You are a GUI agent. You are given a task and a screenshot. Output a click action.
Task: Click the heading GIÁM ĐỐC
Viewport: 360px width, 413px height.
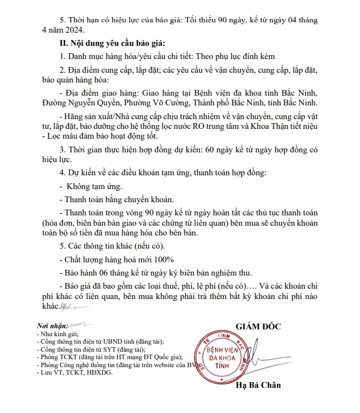coord(258,327)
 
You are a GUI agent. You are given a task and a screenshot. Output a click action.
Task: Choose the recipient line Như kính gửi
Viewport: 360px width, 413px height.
coord(56,333)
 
